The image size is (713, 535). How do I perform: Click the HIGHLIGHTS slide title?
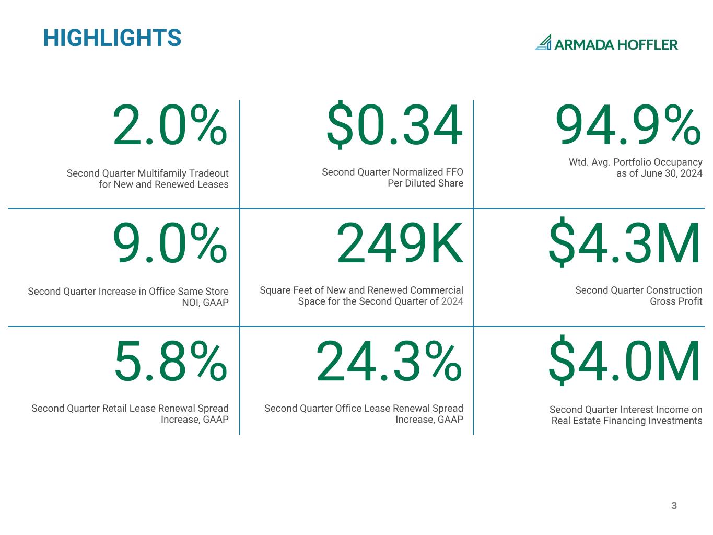(x=112, y=38)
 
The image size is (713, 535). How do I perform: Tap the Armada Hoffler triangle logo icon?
(x=543, y=43)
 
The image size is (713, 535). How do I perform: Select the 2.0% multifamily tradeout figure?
(x=170, y=126)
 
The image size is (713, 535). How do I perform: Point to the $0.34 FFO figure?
(x=394, y=126)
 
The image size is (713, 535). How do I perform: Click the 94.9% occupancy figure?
(x=628, y=125)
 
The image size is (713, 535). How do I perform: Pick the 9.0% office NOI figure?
(x=170, y=243)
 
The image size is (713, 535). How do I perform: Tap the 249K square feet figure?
(x=400, y=243)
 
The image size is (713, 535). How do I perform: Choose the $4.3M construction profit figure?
(x=624, y=243)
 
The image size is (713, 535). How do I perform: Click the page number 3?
(x=674, y=506)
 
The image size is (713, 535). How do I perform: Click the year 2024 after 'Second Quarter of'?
(x=452, y=301)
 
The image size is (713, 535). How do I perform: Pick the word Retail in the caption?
(x=110, y=409)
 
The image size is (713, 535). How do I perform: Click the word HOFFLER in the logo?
(x=648, y=45)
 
